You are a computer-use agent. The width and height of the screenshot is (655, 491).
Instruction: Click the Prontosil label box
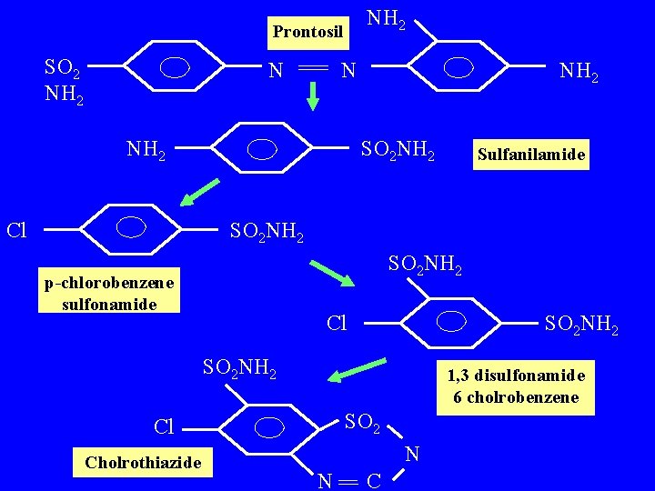(308, 33)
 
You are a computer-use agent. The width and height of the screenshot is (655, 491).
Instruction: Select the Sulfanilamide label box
(530, 155)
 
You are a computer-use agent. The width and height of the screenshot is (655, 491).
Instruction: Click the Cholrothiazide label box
(143, 463)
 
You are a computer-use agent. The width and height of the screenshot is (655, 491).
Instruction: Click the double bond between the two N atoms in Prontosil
(312, 69)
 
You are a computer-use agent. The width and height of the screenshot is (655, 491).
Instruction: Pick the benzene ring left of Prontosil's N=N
(175, 68)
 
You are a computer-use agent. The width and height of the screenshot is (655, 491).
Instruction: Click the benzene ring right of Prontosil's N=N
(460, 68)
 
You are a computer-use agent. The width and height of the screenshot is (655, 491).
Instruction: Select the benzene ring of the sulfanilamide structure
(262, 147)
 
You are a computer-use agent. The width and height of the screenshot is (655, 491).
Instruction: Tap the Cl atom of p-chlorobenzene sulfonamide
(16, 229)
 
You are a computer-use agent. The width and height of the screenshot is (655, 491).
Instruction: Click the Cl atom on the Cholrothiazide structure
(165, 426)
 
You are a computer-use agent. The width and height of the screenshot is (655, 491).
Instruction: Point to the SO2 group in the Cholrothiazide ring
(364, 422)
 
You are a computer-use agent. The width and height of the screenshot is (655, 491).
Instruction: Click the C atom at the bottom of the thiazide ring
(373, 479)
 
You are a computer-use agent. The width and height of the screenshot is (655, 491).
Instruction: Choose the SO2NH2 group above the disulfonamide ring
(425, 266)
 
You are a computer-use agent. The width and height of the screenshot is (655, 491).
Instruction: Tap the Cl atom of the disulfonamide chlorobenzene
(337, 323)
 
